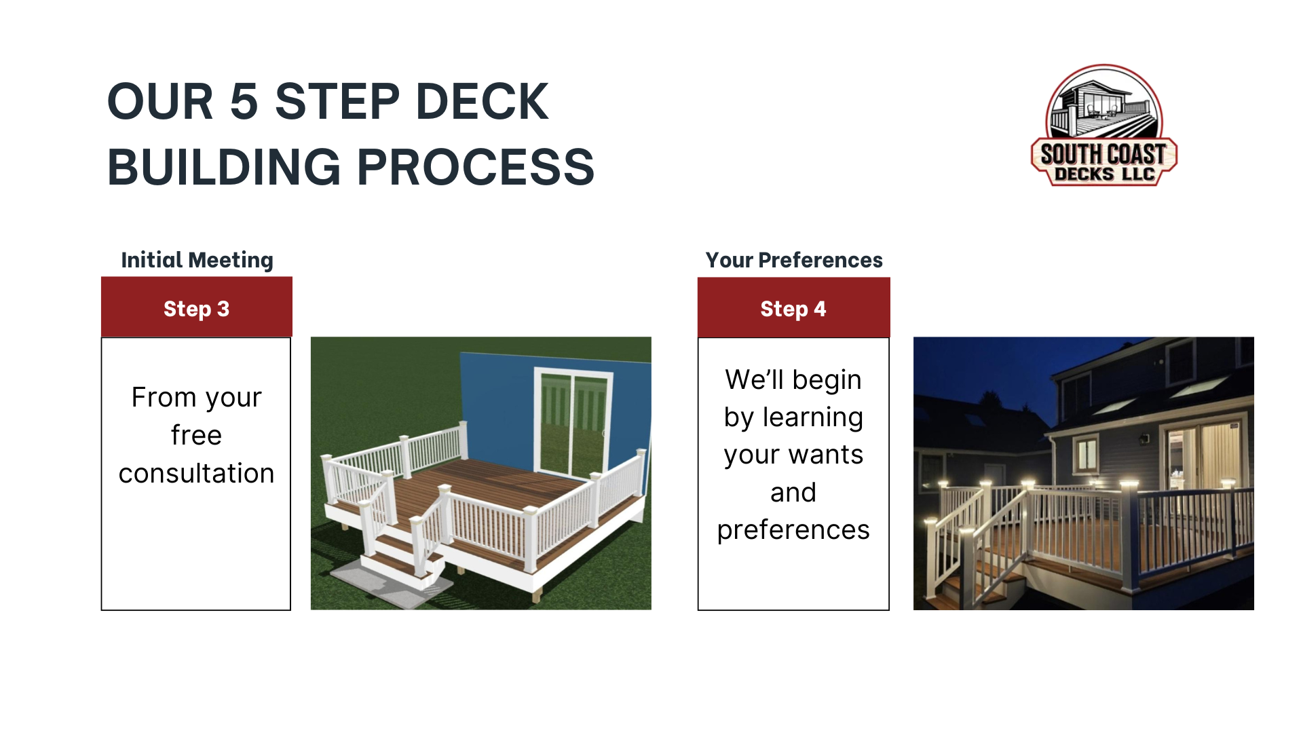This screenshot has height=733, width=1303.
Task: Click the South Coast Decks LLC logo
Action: coord(1103,126)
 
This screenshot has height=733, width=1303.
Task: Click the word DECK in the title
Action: coord(482,102)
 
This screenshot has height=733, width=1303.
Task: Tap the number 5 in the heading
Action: coord(244,102)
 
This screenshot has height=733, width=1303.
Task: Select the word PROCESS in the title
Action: coord(476,167)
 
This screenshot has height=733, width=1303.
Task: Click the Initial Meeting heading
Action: coord(197,260)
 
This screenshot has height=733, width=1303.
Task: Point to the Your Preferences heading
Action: coord(794,260)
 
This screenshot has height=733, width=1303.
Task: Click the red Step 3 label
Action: coord(197,307)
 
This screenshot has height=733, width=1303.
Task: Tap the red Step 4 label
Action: coord(794,307)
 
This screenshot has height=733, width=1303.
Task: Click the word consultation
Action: coord(197,473)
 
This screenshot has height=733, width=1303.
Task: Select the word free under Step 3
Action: coord(197,435)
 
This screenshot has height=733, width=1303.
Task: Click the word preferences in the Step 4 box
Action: coord(793,530)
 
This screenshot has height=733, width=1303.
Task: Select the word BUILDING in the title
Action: coord(224,167)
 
